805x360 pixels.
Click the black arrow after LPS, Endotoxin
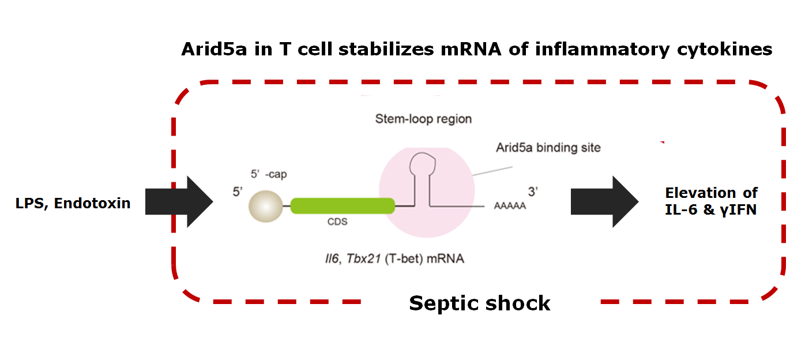coord(179,201)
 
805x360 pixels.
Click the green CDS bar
coord(343,205)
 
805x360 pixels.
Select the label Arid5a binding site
coord(548,148)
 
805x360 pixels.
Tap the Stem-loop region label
coord(423,119)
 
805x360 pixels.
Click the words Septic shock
coord(480,303)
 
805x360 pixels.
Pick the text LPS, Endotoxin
coord(73,203)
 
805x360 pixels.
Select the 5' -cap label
coord(266,174)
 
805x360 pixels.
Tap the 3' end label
coord(532,191)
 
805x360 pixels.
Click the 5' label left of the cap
coord(237,191)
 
